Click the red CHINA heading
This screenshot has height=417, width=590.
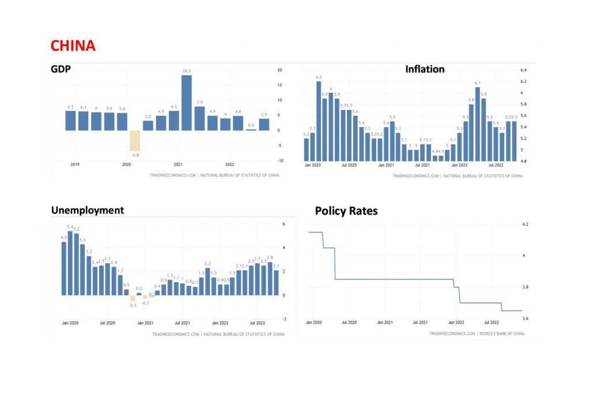coord(73,46)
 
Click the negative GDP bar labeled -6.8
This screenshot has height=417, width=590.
coord(134,140)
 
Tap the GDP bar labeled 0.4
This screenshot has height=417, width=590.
coord(251,129)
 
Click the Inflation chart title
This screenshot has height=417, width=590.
coord(425,69)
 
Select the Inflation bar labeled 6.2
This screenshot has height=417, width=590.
coord(319,121)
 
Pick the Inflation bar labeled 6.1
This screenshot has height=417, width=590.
coord(477,124)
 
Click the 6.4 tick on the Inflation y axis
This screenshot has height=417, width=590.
coord(524,70)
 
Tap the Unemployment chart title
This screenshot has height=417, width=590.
coord(88,210)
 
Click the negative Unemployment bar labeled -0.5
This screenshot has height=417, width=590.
coord(133,298)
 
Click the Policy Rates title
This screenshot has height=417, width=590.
coord(346,211)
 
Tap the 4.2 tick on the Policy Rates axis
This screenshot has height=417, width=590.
coord(524,225)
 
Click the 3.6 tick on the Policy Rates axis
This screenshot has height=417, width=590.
coord(524,318)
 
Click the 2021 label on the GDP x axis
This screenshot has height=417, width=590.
coord(178,164)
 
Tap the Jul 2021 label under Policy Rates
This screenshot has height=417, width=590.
coord(420,323)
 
